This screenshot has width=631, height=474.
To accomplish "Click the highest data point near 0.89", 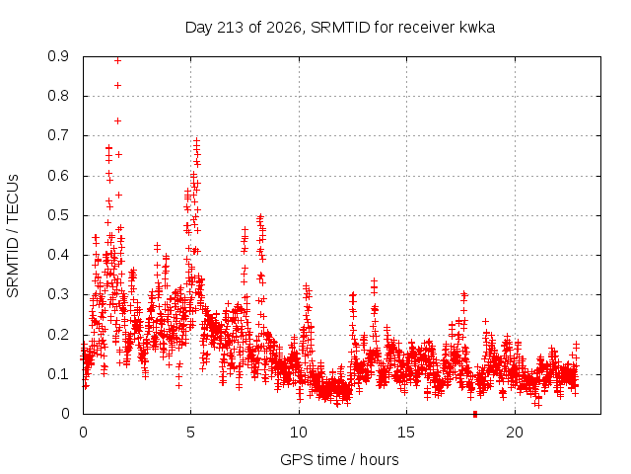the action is coord(117,61).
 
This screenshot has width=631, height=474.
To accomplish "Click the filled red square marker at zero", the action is coord(475,414).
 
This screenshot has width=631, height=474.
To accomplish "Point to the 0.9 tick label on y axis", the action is coord(58,56).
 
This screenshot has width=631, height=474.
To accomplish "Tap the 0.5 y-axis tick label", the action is coord(58,215).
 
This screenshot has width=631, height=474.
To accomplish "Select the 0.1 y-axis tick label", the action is coord(58,374).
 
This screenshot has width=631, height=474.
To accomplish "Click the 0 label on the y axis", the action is coord(65,414).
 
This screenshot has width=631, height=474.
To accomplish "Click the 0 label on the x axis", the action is coord(83,433).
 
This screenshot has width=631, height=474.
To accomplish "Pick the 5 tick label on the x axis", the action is coord(190,433).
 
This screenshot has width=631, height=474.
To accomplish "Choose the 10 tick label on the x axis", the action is coord(299,433).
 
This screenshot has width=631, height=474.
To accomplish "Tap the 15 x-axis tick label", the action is coord(406,433).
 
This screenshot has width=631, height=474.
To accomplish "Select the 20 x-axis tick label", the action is coord(515,433).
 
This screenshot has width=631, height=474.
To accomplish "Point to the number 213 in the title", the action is coord(230,28).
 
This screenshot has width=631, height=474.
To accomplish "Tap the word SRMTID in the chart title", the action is coord(340,28).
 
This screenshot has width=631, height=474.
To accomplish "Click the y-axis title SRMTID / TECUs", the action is coord(13,236).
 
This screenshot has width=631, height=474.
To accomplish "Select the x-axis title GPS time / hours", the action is coord(339,459).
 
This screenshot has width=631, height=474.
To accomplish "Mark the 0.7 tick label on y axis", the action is coord(58,135).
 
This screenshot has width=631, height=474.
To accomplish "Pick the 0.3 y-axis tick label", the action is coord(58,294).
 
